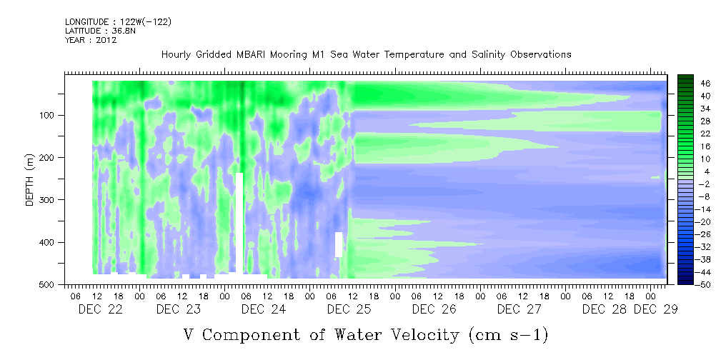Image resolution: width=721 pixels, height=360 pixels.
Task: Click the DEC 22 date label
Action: click(101, 309)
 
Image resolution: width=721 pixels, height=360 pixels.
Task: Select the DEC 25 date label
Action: click(349, 309)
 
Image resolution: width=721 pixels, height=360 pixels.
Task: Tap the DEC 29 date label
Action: click(656, 309)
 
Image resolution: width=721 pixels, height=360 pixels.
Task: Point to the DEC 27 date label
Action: click(519, 309)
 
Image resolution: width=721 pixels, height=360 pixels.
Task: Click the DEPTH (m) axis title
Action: click(30, 180)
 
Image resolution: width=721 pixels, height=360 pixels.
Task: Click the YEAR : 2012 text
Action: click(91, 40)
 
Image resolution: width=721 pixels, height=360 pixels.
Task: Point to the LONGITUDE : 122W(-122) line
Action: click(118, 21)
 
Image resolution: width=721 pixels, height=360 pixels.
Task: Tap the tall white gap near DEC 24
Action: click(239, 223)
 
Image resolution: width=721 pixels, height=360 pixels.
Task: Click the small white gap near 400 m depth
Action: click(339, 244)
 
